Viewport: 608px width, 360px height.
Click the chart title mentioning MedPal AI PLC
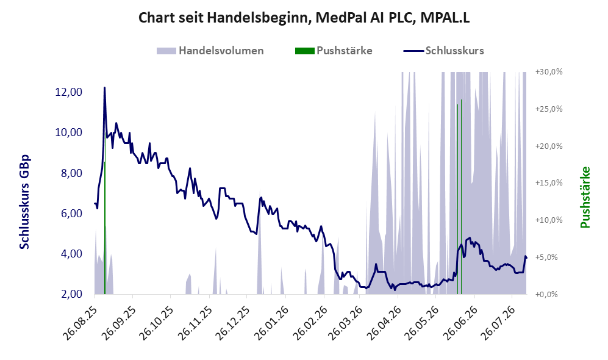coord(304,18)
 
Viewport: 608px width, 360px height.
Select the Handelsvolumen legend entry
coord(210,51)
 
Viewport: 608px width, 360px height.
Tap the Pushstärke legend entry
coord(334,51)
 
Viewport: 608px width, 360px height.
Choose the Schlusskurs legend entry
coord(443,51)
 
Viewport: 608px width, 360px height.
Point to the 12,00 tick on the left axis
coord(69,92)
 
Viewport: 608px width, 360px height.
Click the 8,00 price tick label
coord(71,173)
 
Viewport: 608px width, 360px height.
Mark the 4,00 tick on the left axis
coord(71,253)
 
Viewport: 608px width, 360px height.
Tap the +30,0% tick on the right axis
coord(549,72)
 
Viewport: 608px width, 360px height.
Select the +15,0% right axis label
coord(549,182)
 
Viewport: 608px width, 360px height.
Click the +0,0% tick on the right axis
coord(546,294)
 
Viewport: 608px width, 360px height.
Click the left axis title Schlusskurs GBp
coord(24,202)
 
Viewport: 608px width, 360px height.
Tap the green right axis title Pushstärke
coord(585,197)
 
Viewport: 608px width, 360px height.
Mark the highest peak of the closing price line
coord(104,88)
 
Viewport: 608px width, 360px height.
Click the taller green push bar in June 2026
coord(461,196)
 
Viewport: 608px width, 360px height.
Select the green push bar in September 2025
coord(105,228)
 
